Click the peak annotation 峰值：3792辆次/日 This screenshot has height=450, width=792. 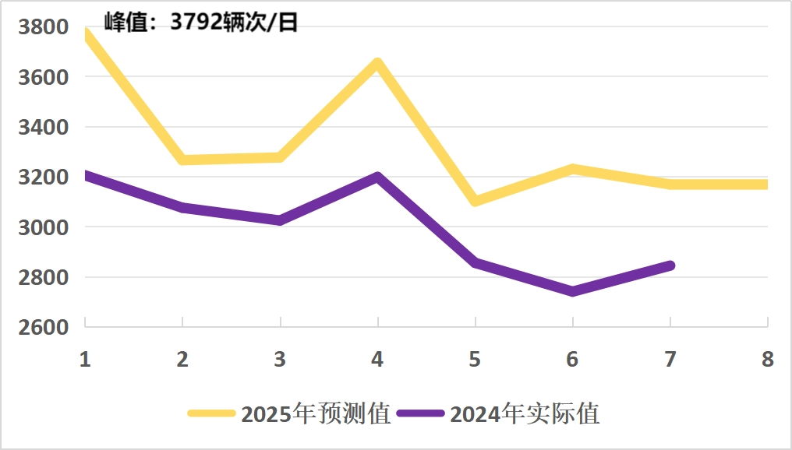pyautogui.click(x=201, y=22)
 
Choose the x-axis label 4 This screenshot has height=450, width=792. pyautogui.click(x=377, y=359)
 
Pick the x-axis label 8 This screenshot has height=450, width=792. pyautogui.click(x=768, y=359)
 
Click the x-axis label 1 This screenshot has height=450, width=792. pyautogui.click(x=85, y=359)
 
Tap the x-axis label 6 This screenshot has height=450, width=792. pyautogui.click(x=573, y=359)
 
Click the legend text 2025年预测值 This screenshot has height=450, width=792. pyautogui.click(x=316, y=413)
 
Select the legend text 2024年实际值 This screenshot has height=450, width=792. pyautogui.click(x=525, y=413)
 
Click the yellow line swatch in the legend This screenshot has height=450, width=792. pyautogui.click(x=212, y=413)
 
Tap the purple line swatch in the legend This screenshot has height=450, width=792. pyautogui.click(x=421, y=413)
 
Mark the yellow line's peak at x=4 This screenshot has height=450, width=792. pyautogui.click(x=377, y=63)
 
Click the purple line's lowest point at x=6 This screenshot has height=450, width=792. pyautogui.click(x=573, y=291)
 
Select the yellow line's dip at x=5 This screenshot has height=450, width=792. pyautogui.click(x=475, y=202)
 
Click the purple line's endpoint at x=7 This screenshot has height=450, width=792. pyautogui.click(x=670, y=266)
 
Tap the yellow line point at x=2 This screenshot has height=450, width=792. pyautogui.click(x=182, y=160)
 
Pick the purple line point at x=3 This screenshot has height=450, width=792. pyautogui.click(x=280, y=220)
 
